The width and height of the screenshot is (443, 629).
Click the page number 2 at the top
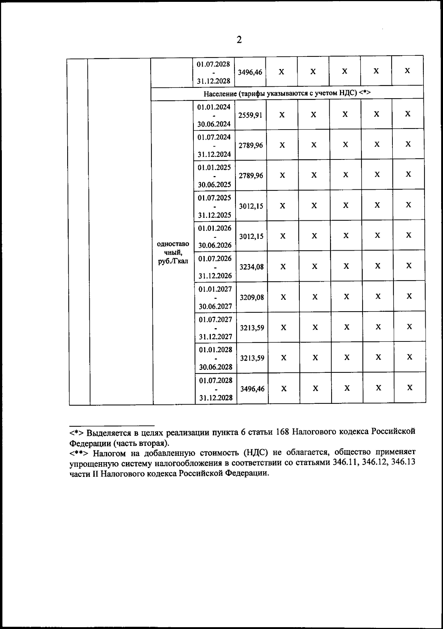[x=239, y=40]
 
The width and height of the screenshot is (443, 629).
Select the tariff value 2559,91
[x=250, y=115]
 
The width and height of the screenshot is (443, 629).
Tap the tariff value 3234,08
[x=251, y=267]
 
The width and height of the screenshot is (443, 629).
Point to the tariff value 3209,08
[x=252, y=297]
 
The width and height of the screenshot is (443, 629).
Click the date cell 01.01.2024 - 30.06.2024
[x=214, y=115]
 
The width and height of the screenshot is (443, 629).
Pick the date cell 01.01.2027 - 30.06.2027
[x=215, y=297]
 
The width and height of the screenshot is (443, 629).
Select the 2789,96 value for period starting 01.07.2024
[x=251, y=145]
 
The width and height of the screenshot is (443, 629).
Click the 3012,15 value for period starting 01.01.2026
[x=251, y=236]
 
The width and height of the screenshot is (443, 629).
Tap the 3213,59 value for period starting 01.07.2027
[x=252, y=327]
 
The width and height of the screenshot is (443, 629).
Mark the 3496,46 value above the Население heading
[x=250, y=72]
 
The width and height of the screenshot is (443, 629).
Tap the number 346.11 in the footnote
[x=343, y=463]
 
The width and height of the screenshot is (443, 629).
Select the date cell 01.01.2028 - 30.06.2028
[x=216, y=358]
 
